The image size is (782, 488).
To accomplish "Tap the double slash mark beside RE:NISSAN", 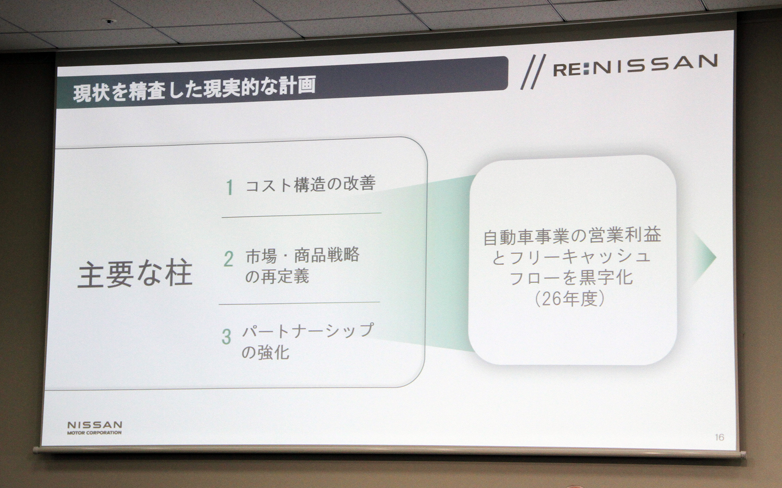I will click(533, 72).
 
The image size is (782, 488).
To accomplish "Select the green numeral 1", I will click(230, 187).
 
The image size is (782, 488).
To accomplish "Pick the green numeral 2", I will click(228, 259).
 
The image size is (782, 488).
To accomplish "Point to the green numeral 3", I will click(226, 337).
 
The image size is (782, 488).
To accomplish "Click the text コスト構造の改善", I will click(310, 184).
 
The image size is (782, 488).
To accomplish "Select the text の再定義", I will click(277, 277).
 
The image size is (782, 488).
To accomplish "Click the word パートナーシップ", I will click(308, 331).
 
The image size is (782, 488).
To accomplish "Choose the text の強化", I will click(265, 352).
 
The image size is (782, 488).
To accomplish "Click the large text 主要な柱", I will click(135, 275).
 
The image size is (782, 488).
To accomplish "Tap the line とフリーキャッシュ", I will click(571, 257).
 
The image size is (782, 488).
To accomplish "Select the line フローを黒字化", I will click(571, 278).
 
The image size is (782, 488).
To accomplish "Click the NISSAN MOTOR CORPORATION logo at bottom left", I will click(94, 427).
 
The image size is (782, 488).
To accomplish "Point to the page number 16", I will click(719, 437).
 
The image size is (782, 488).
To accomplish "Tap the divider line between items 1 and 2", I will click(301, 215).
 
